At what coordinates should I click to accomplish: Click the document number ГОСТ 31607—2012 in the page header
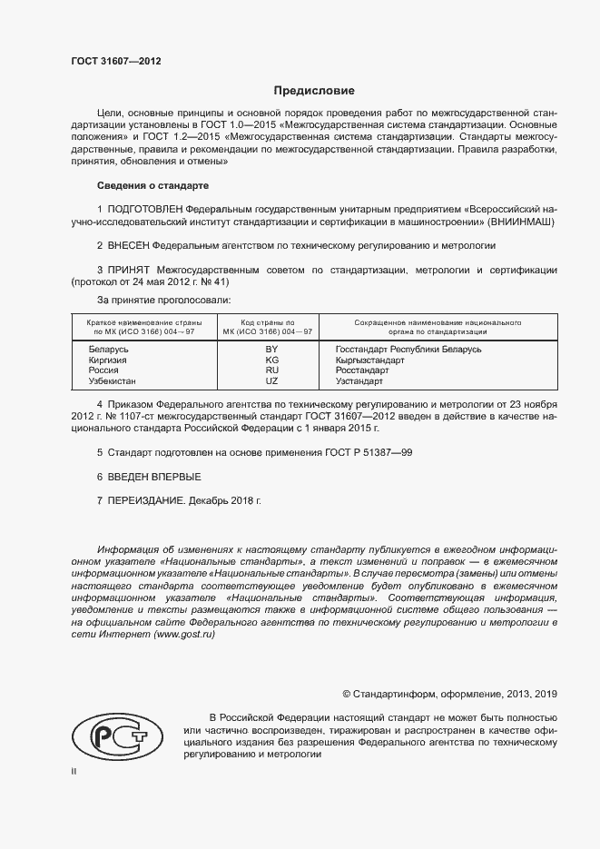point(115,63)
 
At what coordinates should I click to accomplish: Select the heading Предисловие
point(314,91)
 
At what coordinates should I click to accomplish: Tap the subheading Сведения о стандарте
point(152,185)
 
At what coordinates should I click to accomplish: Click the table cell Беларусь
point(109,349)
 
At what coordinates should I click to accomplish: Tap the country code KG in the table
point(270,360)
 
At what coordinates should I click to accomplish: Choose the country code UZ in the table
point(270,381)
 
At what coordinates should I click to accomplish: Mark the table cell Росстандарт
point(363,370)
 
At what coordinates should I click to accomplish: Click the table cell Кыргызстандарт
point(369,360)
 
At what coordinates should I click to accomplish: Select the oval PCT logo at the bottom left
point(116,734)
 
